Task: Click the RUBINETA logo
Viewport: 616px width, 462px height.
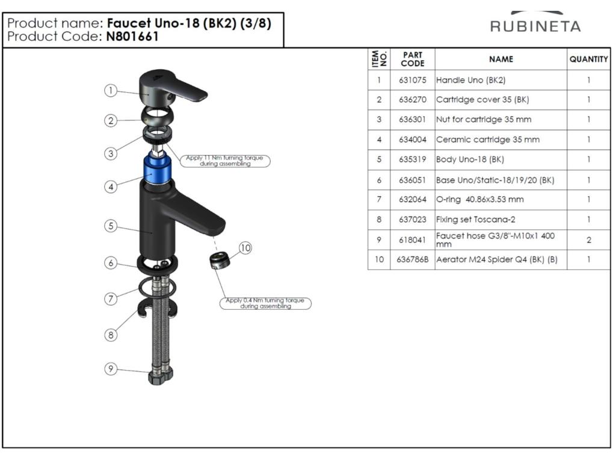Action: (535, 23)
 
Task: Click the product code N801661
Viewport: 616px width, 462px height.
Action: (132, 37)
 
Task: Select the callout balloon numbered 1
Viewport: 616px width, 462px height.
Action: (111, 90)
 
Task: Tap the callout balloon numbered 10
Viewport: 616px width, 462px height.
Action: (245, 248)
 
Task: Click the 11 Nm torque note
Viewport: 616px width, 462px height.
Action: (225, 161)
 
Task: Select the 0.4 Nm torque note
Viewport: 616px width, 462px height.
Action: (265, 303)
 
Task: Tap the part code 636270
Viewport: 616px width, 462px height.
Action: (413, 100)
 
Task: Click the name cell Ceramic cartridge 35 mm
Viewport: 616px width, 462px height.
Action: (487, 140)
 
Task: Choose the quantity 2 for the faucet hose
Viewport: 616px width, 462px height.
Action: (588, 240)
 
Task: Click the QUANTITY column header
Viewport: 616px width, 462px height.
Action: (588, 60)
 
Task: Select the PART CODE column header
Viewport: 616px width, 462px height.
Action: (413, 60)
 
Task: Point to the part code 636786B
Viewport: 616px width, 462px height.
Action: (413, 260)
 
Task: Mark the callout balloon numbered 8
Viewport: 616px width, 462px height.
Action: (111, 335)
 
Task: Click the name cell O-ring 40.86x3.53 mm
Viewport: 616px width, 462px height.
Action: (479, 200)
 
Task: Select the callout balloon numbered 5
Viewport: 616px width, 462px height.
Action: (111, 226)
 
